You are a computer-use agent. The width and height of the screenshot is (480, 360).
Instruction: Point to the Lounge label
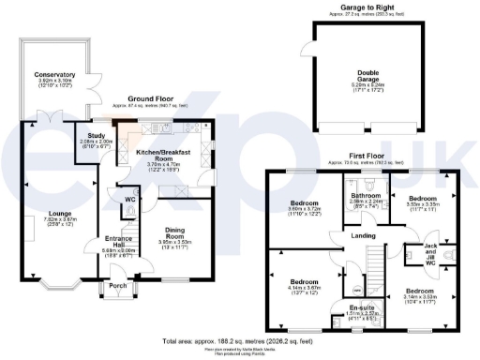pos(47,214)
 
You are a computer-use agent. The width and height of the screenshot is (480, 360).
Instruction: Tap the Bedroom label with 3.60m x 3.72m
pos(304,202)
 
